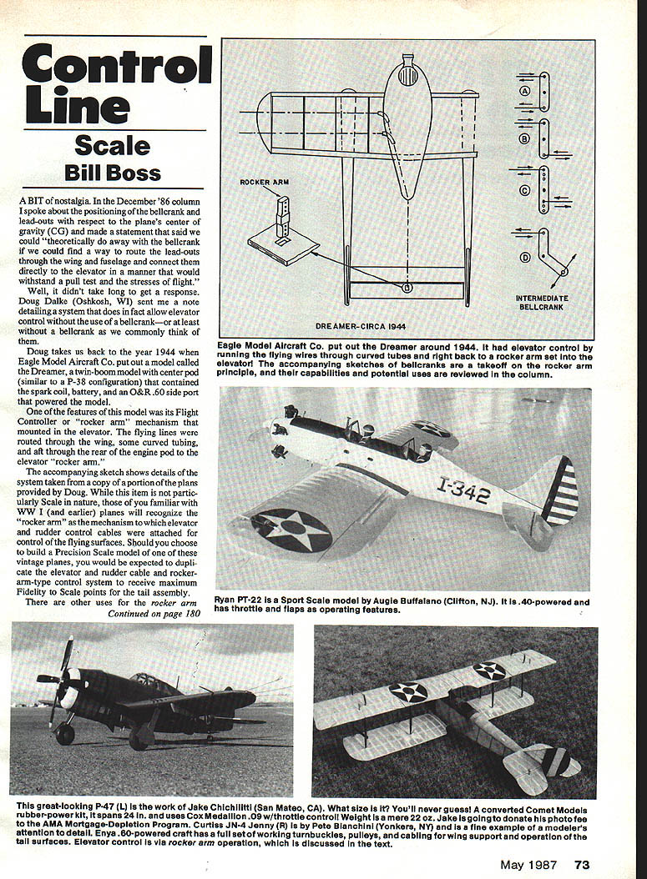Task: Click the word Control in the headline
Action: pos(117,64)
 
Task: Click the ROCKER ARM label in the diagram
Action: pos(262,182)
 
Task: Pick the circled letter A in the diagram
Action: pos(525,90)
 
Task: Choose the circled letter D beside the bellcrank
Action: pos(525,257)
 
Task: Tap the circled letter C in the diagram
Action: pos(525,190)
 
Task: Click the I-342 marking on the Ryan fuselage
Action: pos(463,490)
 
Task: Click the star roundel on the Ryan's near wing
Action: pos(292,529)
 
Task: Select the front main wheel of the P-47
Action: pos(65,734)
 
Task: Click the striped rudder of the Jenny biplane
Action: pos(552,761)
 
